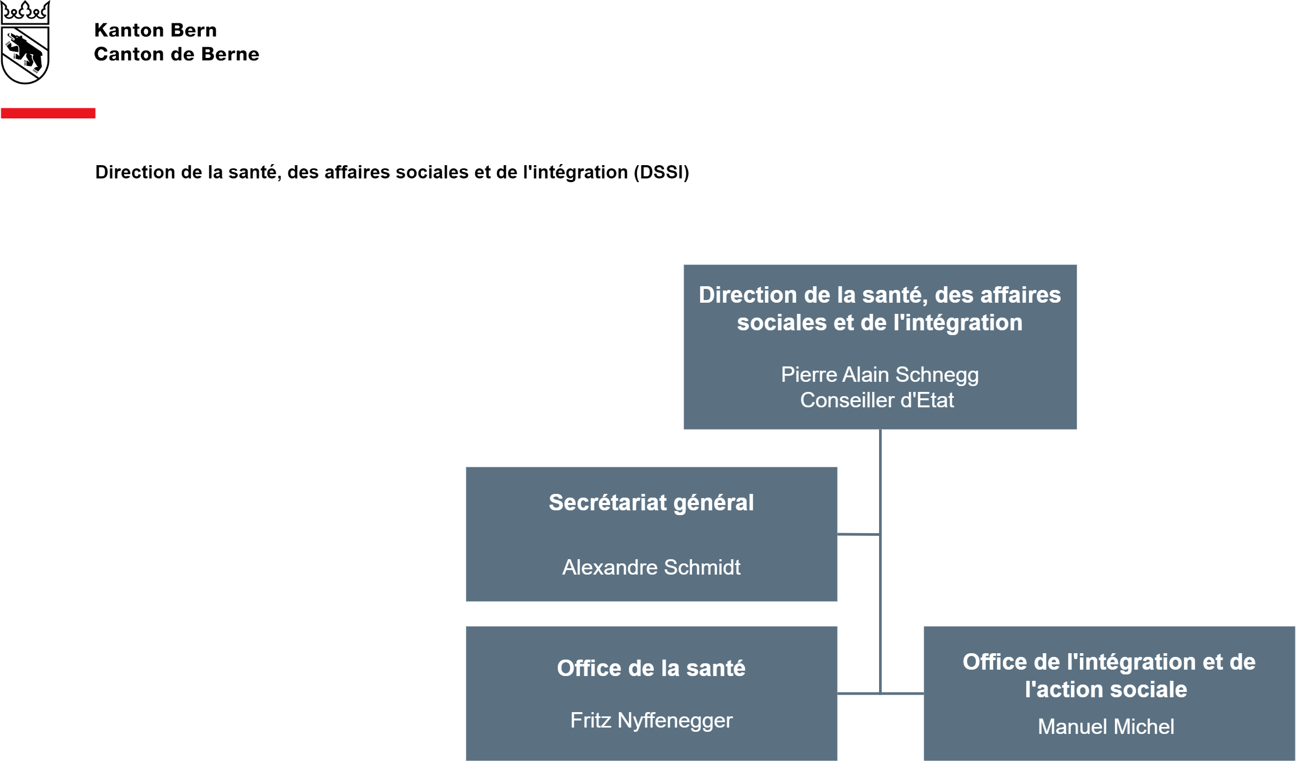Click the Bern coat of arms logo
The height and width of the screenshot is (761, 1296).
pos(25,42)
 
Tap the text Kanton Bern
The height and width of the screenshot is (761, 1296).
pos(156,30)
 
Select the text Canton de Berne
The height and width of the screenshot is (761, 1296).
pos(176,54)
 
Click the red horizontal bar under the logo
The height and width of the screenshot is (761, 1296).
pos(48,113)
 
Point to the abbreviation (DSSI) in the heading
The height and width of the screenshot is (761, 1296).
pos(661,173)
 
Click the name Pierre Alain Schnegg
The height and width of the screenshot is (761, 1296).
pos(880,375)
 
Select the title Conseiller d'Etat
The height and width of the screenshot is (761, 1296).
pos(877,400)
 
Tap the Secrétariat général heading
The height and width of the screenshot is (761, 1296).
pos(651,503)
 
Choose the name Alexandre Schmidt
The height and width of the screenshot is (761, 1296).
pos(651,568)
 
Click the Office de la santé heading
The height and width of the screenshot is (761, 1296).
pos(651,669)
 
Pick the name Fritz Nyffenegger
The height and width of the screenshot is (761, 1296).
pos(651,721)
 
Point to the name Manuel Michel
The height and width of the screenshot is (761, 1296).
pos(1106,727)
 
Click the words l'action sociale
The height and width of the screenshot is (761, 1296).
pos(1106,690)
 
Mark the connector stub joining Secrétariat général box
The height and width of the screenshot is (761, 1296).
pos(858,534)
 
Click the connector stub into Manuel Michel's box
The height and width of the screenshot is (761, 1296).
pos(902,694)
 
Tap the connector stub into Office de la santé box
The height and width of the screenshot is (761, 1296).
pos(858,694)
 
